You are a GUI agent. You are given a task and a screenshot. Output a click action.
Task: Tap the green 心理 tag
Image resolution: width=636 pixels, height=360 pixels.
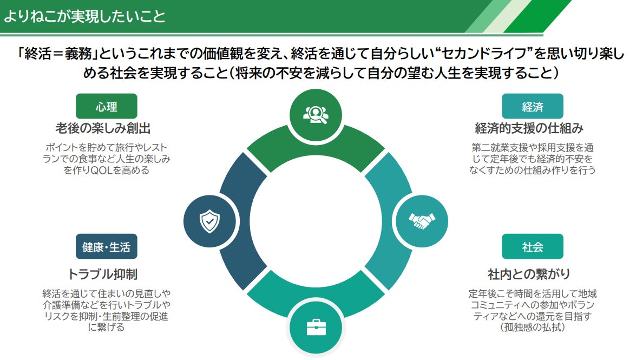(x=106, y=107)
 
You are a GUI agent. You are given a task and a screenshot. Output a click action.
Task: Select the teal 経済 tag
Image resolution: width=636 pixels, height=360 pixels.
(x=532, y=107)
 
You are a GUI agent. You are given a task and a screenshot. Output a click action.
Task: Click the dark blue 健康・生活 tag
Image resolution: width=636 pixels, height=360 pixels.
(x=106, y=247)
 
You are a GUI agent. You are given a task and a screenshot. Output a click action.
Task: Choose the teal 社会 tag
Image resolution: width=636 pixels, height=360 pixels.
(x=532, y=247)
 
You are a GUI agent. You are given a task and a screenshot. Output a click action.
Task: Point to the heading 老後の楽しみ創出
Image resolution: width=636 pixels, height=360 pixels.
(x=103, y=129)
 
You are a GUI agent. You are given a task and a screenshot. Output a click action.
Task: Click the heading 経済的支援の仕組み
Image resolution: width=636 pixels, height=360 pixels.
(x=529, y=129)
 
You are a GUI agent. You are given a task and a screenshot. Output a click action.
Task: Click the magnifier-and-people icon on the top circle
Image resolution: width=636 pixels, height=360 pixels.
(x=316, y=114)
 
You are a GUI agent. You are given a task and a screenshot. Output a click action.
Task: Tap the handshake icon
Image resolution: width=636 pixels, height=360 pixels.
(x=422, y=220)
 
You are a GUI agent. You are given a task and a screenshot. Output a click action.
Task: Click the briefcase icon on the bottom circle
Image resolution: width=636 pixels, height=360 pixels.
(x=316, y=327)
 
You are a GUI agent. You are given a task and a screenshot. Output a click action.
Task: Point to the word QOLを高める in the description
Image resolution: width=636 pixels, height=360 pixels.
(x=116, y=169)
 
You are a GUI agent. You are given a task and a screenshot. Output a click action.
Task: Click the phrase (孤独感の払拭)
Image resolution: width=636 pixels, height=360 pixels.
(x=533, y=328)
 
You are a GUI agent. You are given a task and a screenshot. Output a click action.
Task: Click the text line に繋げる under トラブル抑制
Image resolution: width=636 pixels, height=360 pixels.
(x=106, y=328)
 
